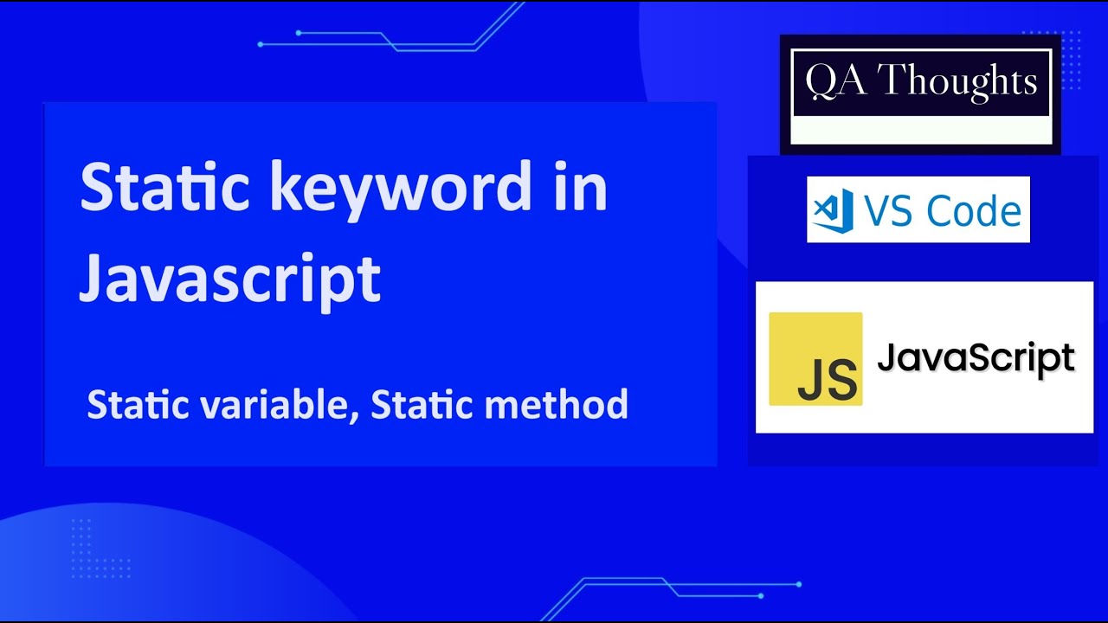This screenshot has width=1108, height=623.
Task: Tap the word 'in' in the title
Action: [x=578, y=188]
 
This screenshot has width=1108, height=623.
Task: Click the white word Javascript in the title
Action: [x=229, y=277]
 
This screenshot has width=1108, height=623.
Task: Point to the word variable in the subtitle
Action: [x=278, y=405]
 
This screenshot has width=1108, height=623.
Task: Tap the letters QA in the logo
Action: [x=831, y=82]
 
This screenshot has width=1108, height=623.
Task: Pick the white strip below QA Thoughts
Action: [x=921, y=131]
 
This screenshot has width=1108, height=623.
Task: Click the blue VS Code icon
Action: [x=834, y=210]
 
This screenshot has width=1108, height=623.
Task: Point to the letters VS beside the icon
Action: [x=889, y=210]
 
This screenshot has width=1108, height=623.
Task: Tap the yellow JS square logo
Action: [x=815, y=358]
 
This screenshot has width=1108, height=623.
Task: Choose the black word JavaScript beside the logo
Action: [x=976, y=357]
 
